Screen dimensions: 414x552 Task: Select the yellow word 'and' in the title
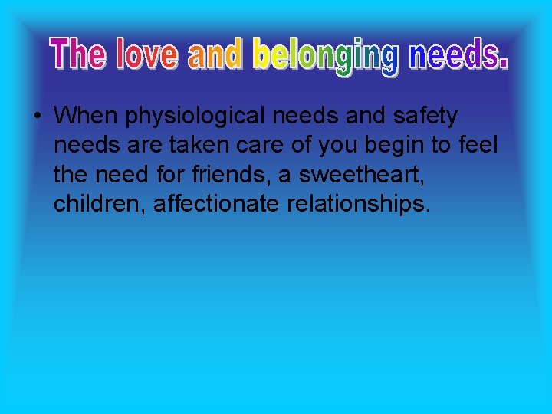coord(215,54)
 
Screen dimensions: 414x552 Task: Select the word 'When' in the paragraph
coord(86,116)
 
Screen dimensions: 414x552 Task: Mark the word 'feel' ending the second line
coord(478,145)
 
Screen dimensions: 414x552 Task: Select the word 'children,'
coord(99,203)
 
